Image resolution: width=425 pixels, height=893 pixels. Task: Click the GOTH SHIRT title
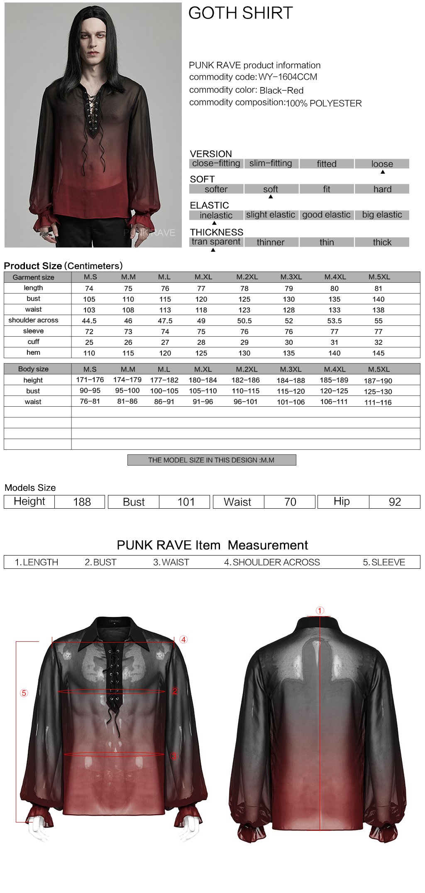coord(240,13)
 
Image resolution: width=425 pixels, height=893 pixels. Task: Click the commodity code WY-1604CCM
coord(288,77)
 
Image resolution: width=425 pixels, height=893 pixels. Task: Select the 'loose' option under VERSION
coord(382,164)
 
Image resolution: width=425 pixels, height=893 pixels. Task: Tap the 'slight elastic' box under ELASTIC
coord(271,215)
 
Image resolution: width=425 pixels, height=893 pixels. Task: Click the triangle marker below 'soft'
coord(271,197)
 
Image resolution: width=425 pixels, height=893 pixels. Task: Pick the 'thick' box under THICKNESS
coord(382,242)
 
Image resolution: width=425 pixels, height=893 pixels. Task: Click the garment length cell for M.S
coord(89,289)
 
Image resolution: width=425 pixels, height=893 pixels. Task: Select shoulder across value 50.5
coord(244,321)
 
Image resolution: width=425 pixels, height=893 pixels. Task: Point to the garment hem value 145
coord(378,353)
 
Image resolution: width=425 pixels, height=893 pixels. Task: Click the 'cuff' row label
coord(33,342)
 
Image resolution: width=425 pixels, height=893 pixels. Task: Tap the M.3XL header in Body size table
coord(291,369)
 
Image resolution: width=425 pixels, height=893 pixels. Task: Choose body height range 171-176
coord(90,380)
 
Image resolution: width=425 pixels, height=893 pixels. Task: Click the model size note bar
coord(211,460)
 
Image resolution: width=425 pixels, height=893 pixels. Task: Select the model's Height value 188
coord(82,502)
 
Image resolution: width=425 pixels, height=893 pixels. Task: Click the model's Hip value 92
coord(395,502)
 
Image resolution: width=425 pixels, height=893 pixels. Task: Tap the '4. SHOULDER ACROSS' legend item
coord(272,562)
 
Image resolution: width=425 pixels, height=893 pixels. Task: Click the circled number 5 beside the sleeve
coord(24,693)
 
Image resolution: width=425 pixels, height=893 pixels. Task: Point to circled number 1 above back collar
coord(320,611)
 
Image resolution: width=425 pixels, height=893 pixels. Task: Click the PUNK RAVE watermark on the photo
coord(149,233)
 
